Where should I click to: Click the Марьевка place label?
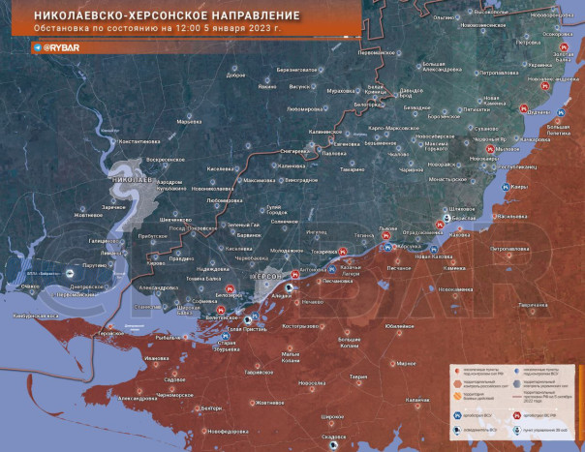pos(188,122)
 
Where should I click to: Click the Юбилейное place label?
pos(400,326)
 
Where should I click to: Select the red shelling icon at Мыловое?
pos(501,150)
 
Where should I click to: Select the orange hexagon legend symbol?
pos(455,383)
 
